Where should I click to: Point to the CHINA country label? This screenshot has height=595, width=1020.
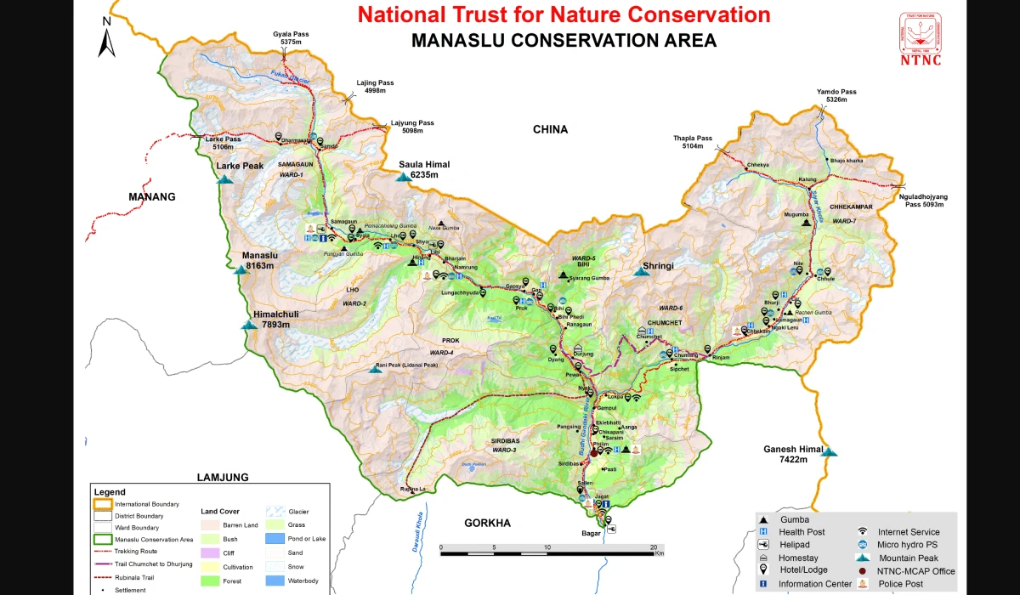click(550, 129)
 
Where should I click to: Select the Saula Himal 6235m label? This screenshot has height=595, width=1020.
click(425, 169)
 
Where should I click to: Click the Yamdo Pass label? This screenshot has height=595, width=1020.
click(836, 95)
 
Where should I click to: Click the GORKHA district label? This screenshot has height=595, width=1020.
click(487, 523)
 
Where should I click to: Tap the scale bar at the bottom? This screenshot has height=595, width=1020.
click(547, 553)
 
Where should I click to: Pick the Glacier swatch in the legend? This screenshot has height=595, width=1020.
click(275, 512)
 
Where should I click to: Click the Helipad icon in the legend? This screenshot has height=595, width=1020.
click(764, 545)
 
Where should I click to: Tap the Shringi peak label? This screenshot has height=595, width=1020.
click(658, 266)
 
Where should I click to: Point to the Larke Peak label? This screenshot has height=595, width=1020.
click(240, 166)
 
